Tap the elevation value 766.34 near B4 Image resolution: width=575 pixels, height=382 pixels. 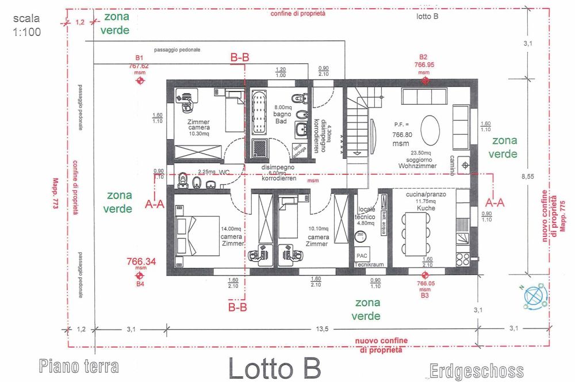(x=141, y=262)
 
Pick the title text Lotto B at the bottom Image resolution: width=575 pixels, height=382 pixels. (x=274, y=368)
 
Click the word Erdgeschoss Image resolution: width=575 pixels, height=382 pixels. (x=477, y=370)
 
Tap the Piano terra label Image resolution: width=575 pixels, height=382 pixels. (x=79, y=366)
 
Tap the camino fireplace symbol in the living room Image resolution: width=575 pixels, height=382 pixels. (x=464, y=166)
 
